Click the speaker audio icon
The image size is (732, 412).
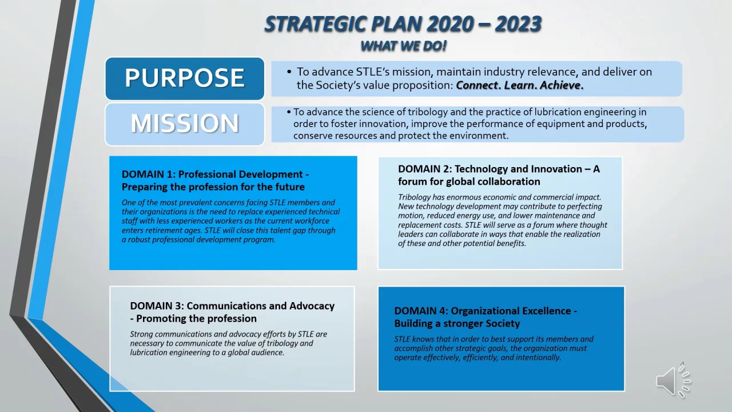click(673, 381)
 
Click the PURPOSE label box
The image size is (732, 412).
click(185, 78)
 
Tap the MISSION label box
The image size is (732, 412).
click(185, 124)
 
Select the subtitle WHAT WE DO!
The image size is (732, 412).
click(404, 46)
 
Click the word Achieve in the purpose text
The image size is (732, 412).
click(562, 85)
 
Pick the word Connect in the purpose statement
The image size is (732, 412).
click(479, 85)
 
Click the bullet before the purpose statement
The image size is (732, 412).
click(289, 72)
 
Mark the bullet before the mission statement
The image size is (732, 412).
click(289, 112)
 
